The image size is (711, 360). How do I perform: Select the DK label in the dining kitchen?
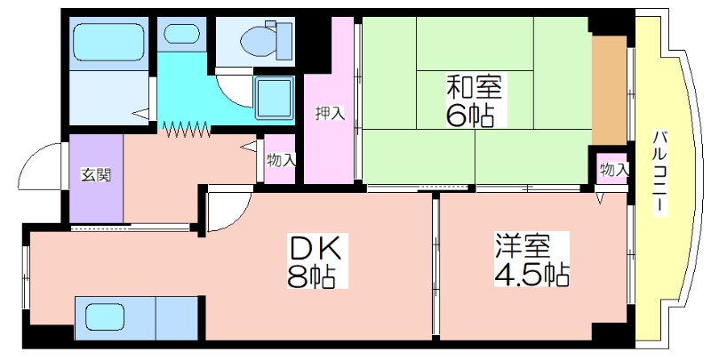tap(316, 249)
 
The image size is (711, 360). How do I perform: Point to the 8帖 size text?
tap(310, 276)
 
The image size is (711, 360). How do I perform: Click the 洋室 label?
tap(523, 245)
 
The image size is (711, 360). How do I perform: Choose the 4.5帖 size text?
tap(531, 273)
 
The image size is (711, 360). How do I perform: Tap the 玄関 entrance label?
tap(96, 174)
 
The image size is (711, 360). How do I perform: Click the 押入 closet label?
tap(330, 113)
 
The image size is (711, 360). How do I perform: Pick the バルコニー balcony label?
tap(660, 171)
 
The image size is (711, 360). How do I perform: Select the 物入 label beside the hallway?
tap(281, 160)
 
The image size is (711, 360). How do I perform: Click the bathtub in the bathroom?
tap(108, 42)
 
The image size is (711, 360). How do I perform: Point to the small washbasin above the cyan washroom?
tap(182, 34)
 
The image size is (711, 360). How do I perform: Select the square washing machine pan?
tap(275, 98)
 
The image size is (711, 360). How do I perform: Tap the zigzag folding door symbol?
tap(187, 129)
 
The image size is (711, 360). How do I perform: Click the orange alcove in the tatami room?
tap(609, 91)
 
